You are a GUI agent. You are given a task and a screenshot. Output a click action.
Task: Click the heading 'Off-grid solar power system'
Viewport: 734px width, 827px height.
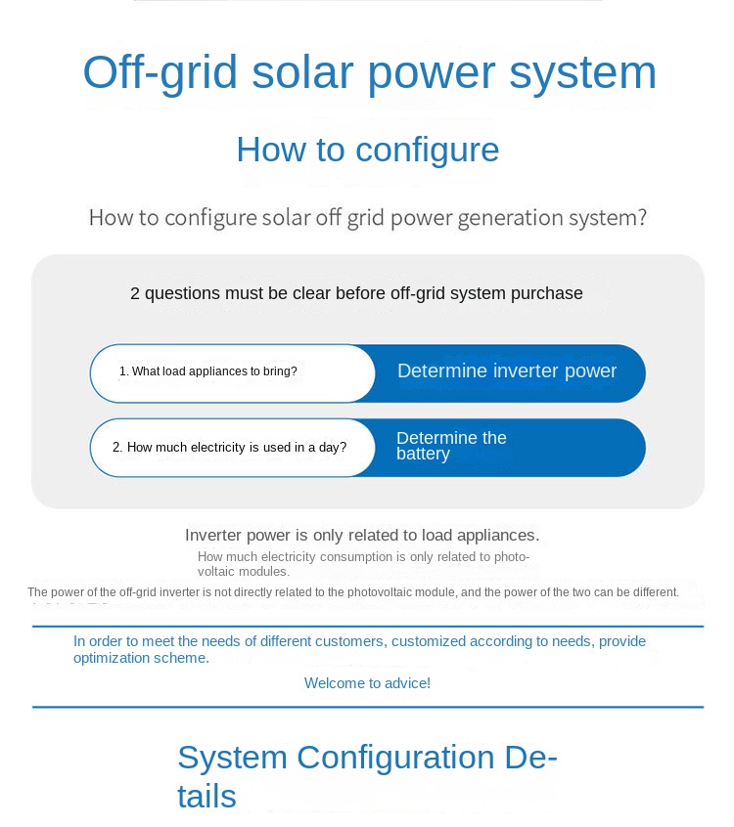tap(369, 73)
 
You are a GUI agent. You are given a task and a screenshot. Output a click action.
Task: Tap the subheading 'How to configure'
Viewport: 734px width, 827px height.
tap(367, 150)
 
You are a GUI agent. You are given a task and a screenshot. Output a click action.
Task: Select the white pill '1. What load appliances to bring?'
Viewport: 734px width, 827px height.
tap(232, 372)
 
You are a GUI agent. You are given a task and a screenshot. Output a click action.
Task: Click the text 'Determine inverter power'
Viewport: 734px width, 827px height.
tap(506, 371)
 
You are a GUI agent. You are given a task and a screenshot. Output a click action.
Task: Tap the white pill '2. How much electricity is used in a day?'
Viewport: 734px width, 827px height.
tap(232, 448)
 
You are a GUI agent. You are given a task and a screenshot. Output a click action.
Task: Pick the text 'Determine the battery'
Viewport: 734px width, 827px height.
tap(450, 446)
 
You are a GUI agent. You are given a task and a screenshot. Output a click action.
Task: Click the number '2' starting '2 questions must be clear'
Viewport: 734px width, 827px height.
tap(135, 293)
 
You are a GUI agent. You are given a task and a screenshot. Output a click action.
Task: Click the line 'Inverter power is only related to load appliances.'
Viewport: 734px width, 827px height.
tap(362, 535)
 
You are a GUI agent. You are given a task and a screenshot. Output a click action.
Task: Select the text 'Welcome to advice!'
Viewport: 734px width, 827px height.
tap(367, 683)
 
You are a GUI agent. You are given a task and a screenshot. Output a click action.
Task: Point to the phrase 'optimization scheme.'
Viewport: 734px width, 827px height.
tap(141, 658)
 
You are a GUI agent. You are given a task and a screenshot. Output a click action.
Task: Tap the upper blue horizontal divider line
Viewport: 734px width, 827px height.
tap(367, 627)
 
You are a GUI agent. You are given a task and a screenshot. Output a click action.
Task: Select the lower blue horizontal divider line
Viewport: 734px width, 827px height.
tap(367, 707)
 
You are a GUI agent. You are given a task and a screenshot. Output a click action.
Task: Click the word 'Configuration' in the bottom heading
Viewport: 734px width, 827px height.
tap(396, 758)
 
